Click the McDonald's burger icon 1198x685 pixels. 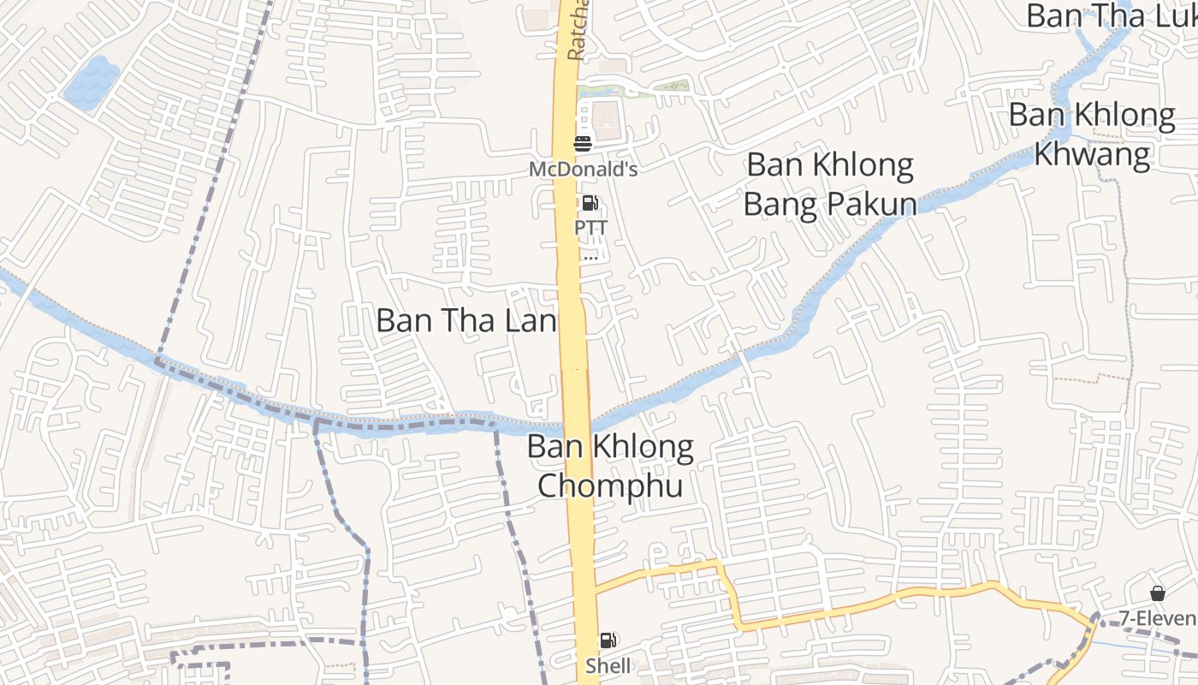click(583, 143)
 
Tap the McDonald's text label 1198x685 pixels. click(583, 169)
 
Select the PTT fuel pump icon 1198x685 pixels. click(590, 204)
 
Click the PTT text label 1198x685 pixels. click(590, 228)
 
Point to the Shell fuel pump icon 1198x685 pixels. click(608, 640)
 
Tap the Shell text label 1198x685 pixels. click(608, 665)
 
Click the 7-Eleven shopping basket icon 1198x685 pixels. click(1157, 593)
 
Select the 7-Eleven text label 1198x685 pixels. click(1157, 618)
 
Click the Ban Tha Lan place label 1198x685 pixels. click(466, 321)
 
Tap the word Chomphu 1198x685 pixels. click(610, 485)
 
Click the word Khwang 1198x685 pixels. click(1092, 155)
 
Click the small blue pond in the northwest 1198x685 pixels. click(92, 82)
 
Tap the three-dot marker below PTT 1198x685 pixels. click(590, 257)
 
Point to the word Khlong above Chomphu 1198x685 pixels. click(643, 446)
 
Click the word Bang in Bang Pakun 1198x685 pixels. click(779, 205)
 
